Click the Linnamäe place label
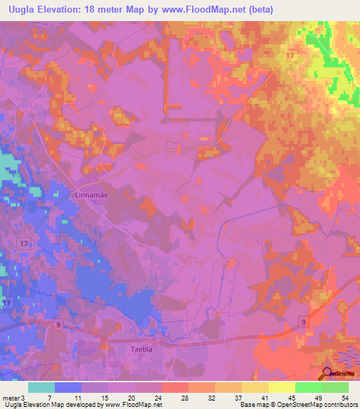[91, 195]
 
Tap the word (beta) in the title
[257, 10]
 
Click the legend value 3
[22, 398]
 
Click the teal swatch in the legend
[41, 387]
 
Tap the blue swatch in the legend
[68, 387]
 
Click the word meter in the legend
[10, 398]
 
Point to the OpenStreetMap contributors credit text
[316, 405]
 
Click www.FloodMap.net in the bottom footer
[132, 405]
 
